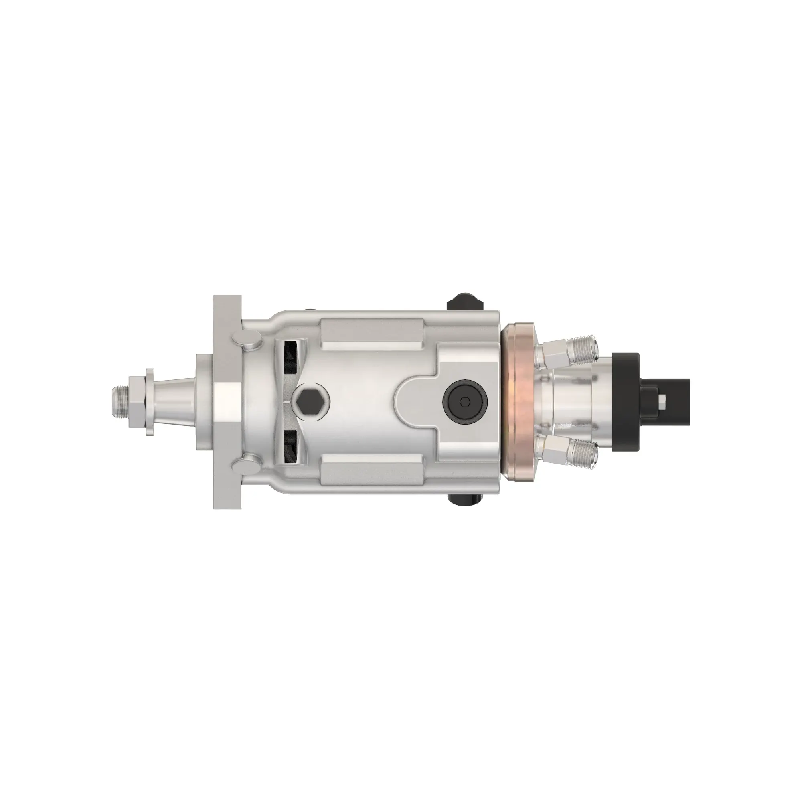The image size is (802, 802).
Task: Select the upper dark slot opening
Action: pos(291,355)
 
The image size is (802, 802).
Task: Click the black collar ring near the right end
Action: pos(625,401)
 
